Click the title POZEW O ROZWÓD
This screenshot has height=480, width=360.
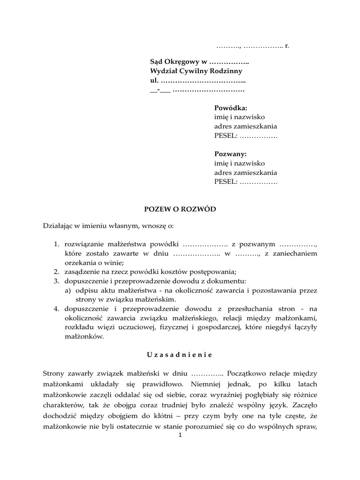click(180, 209)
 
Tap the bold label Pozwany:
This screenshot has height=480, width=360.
click(230, 154)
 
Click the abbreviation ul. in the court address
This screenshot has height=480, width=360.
click(154, 80)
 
